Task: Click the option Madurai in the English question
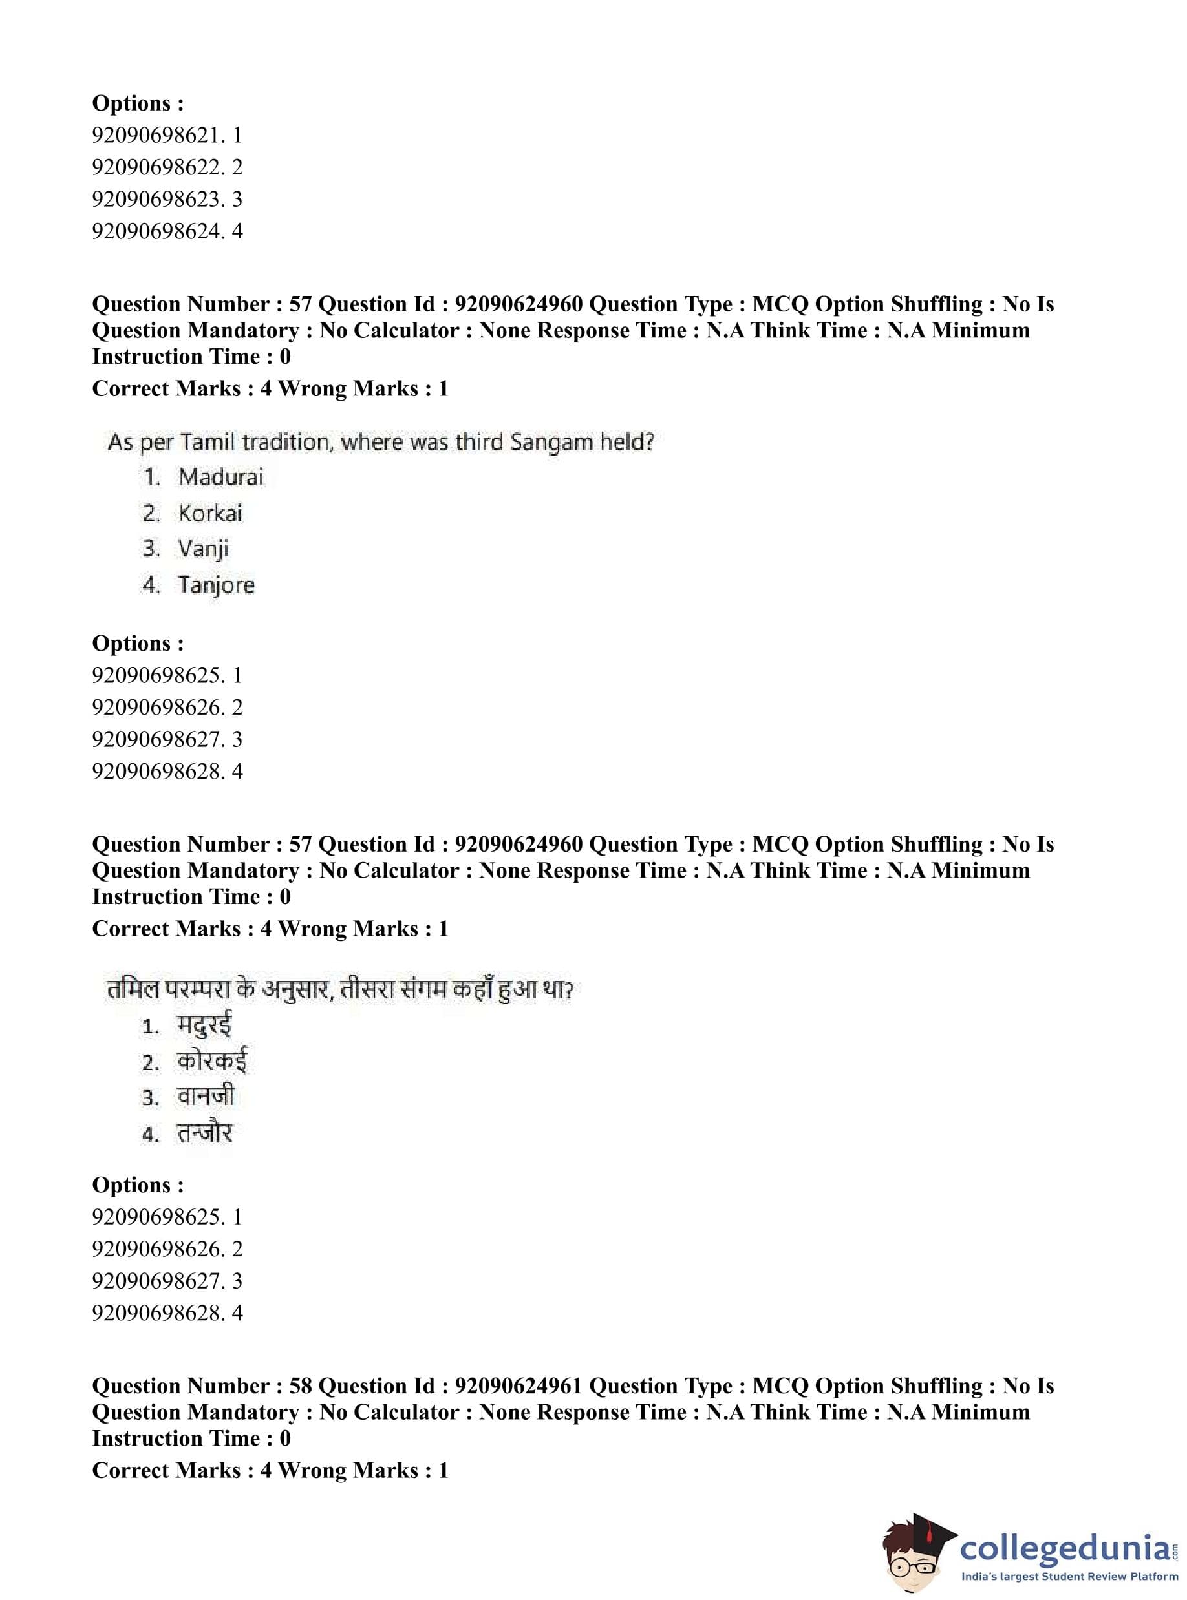click(x=220, y=477)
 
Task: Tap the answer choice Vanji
click(x=204, y=549)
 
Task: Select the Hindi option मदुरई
click(x=205, y=1026)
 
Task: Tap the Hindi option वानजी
click(x=206, y=1097)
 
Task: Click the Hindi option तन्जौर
click(x=205, y=1133)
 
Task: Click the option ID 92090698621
click(x=157, y=135)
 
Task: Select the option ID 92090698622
click(x=157, y=167)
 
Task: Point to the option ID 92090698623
click(x=157, y=199)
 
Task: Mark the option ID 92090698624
click(x=157, y=231)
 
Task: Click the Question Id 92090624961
click(x=518, y=1386)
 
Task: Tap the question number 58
click(x=301, y=1386)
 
